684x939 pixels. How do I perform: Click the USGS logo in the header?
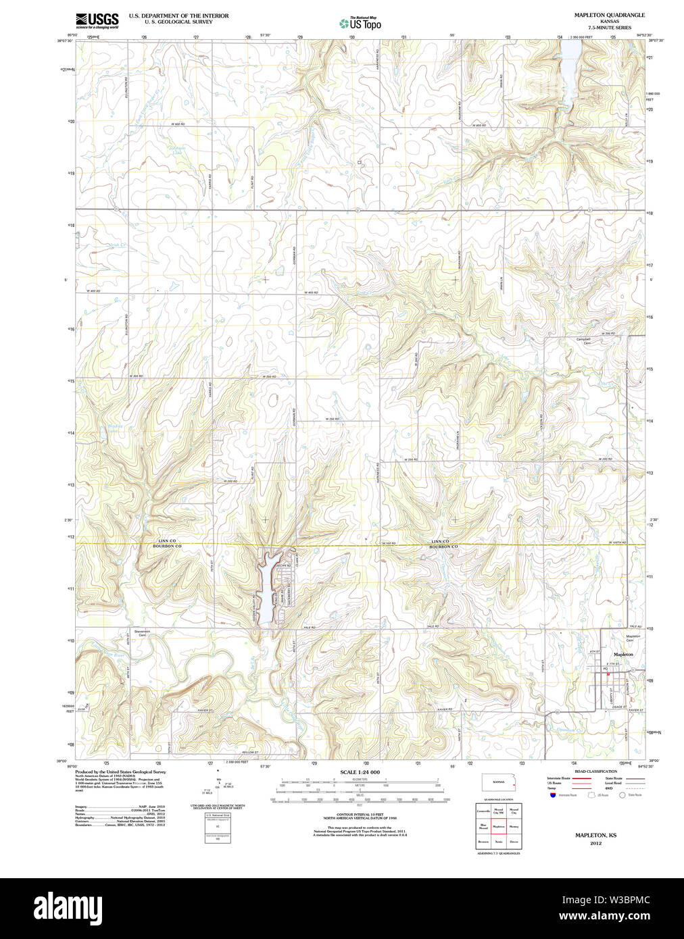click(97, 20)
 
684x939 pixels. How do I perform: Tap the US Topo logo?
click(360, 24)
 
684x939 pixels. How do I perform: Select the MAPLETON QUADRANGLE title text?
click(609, 15)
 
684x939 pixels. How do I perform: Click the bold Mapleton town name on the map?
click(622, 655)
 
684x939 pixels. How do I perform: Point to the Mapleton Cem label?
click(633, 638)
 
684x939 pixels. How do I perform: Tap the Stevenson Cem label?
click(142, 633)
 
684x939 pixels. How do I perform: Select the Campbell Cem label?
click(583, 341)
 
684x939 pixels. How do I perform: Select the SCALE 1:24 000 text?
click(360, 772)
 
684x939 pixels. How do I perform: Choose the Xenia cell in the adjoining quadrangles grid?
click(499, 842)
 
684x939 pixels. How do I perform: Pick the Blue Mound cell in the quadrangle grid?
click(483, 826)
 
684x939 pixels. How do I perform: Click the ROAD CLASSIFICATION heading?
click(595, 771)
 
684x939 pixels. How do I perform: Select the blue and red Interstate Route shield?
click(552, 795)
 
